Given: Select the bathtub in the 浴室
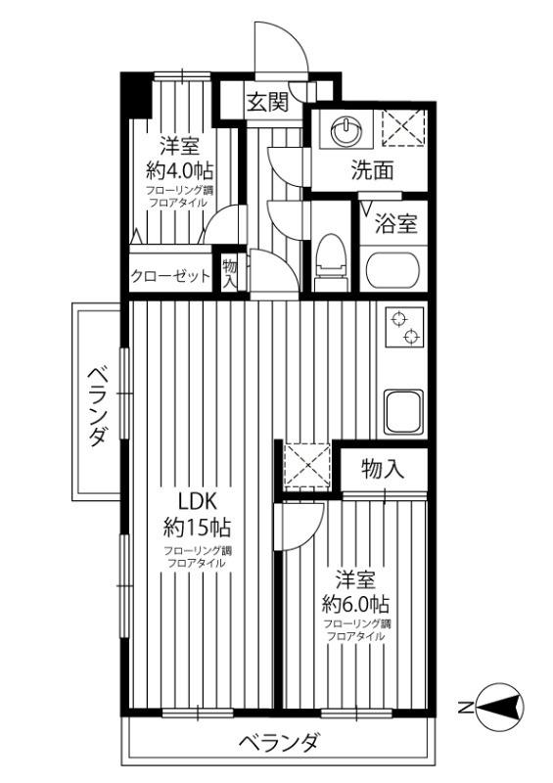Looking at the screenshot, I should click(x=392, y=269).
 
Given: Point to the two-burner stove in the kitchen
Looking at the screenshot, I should click(x=403, y=331).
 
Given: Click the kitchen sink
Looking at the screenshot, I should click(x=403, y=411).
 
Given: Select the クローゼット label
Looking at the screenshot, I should click(x=170, y=276).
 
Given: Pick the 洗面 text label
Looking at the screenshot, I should click(x=373, y=170).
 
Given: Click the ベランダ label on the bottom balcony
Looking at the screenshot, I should click(x=279, y=743).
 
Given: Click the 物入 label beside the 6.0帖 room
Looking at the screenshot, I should click(x=382, y=468).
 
